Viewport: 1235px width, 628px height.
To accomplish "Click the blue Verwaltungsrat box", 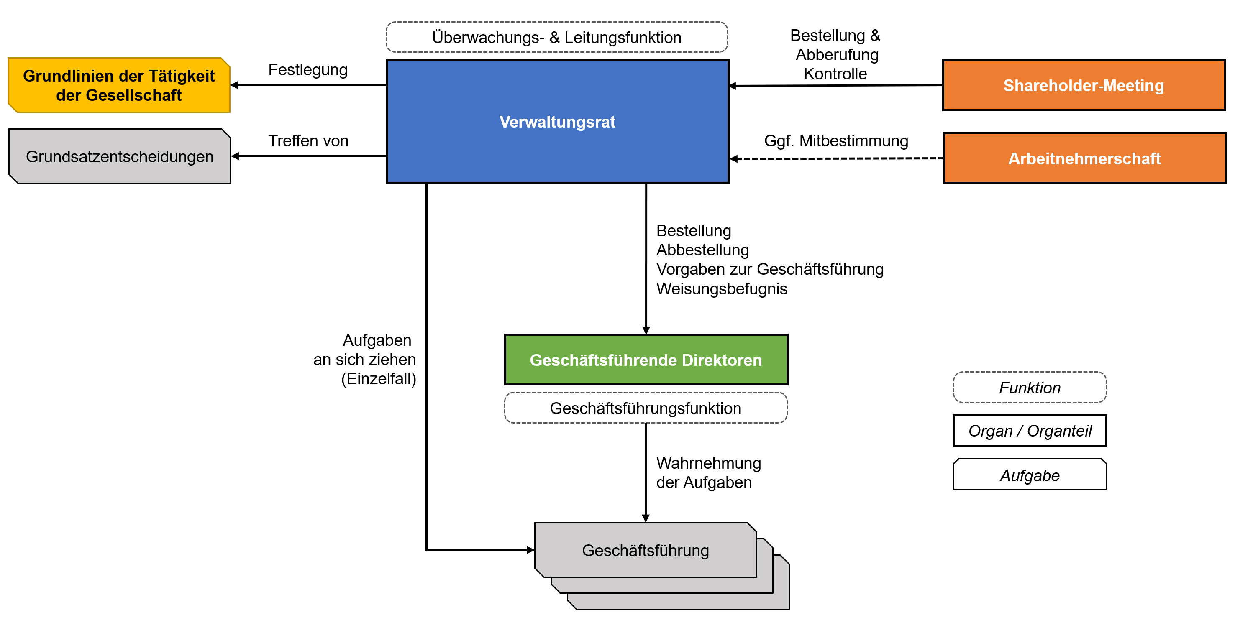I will coord(557,121).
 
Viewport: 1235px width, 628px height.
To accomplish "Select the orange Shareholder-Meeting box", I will coord(1084,85).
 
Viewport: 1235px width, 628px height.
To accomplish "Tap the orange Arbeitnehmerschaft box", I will coord(1084,158).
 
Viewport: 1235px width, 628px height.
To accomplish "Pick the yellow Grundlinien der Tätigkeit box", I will coord(119,85).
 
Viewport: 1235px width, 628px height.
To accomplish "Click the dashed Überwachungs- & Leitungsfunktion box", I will coord(556,37).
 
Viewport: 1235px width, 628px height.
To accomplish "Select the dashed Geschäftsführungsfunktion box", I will coord(645,408).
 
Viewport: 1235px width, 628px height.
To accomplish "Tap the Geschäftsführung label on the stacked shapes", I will coord(645,550).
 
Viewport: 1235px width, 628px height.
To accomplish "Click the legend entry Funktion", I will coord(1029,388).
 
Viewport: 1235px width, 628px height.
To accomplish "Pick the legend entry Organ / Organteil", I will coord(1029,431).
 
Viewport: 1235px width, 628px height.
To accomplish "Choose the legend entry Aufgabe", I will coord(1029,475).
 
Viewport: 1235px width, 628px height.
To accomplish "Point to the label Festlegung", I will coord(308,70).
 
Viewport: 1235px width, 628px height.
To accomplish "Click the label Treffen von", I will coord(308,141).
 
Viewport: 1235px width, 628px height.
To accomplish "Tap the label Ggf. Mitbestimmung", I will coord(835,141).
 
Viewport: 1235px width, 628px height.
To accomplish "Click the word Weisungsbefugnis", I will coord(722,289).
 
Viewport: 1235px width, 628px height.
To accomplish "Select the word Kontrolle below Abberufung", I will coord(835,74).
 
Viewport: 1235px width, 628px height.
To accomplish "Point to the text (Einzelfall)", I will coord(378,379).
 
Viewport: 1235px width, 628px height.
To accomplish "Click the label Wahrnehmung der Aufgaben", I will coord(708,473).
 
